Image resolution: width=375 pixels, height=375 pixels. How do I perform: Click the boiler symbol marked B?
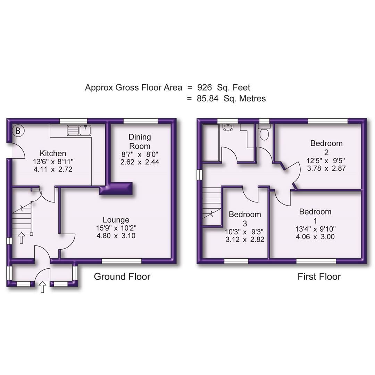pos(18,131)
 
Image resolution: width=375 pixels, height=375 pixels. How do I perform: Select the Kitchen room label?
pos(53,153)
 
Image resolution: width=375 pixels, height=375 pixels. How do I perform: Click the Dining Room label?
pos(140,141)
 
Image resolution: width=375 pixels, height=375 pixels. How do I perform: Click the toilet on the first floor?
pos(264,132)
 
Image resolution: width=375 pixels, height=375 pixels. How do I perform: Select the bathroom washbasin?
pos(228,128)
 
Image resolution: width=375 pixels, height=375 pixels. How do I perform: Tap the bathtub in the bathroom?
pos(211,143)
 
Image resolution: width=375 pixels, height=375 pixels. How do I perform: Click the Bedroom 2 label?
pos(326,147)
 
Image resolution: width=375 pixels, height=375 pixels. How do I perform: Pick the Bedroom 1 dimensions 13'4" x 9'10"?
pos(315,229)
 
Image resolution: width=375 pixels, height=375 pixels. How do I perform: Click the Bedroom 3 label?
pos(245,219)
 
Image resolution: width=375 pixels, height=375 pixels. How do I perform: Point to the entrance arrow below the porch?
pos(42,287)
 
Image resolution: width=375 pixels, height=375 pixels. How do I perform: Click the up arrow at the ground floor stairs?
pos(21,238)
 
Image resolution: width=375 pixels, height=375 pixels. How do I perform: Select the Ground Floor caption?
pos(122,276)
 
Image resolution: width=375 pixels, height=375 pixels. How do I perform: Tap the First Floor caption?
pos(319,276)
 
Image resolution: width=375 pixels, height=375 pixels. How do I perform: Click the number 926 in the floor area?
pos(205,87)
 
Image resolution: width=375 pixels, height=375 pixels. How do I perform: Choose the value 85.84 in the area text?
pos(208,99)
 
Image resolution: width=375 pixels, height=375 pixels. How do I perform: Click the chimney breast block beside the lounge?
pos(116,189)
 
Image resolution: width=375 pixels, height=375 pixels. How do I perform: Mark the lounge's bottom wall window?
pos(122,261)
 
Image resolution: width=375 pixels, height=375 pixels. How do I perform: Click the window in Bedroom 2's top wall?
pos(327,121)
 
